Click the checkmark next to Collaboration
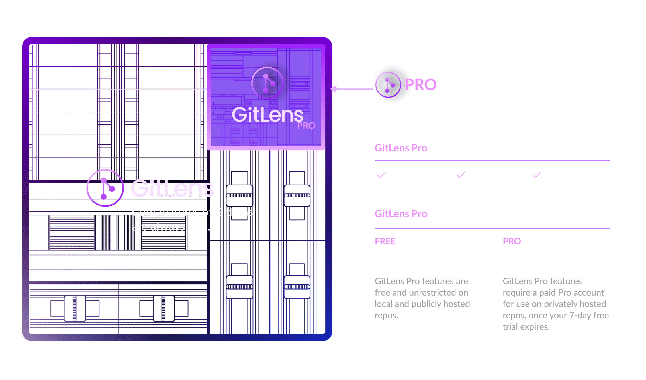coord(381,175)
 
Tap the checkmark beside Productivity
coord(461,175)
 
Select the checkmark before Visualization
coord(536,175)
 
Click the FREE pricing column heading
coord(385,241)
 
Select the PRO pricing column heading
coord(512,241)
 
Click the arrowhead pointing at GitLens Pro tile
coord(334,89)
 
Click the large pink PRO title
coord(420,84)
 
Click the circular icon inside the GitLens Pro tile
coord(267,83)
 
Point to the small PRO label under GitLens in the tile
coord(306,126)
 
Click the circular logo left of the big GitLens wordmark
coord(105,188)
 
